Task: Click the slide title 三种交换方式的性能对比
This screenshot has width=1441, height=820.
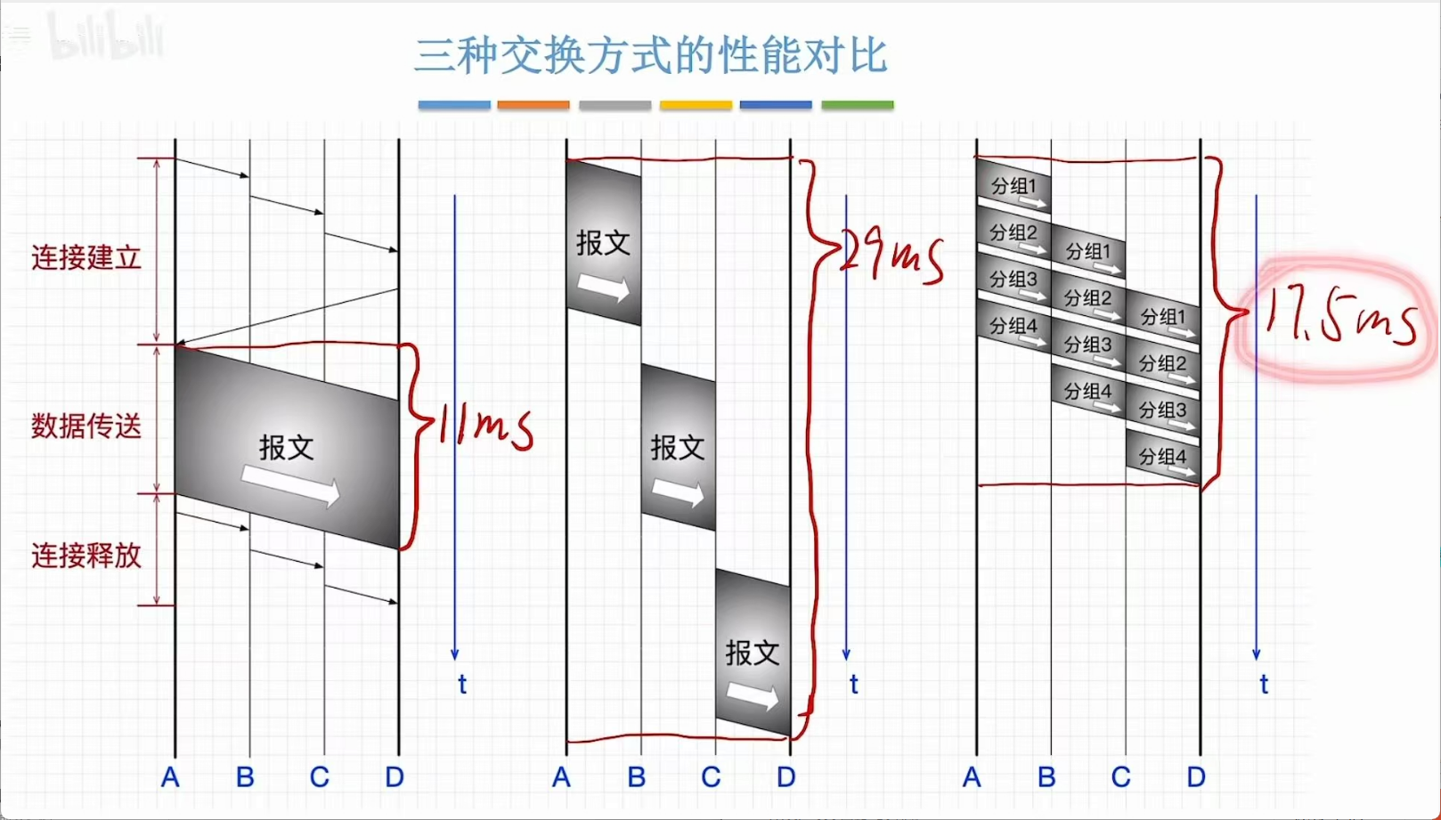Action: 650,55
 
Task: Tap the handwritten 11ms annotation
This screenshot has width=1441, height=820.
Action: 485,426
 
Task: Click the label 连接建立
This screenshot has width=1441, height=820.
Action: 86,258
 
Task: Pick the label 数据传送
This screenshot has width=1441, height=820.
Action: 86,426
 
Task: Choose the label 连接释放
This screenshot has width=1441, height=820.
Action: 86,556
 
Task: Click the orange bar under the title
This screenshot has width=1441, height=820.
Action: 533,105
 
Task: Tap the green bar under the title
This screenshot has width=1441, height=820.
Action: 857,105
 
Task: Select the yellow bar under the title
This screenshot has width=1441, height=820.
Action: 696,105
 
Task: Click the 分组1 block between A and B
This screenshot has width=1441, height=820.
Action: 1014,188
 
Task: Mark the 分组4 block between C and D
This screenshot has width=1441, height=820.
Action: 1162,458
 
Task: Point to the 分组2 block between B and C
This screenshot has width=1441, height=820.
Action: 1087,299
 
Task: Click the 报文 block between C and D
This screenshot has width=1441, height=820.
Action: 753,654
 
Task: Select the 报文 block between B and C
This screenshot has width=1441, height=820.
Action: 678,448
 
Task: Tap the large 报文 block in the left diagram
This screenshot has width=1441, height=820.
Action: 287,448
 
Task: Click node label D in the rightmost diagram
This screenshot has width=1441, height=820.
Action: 1196,777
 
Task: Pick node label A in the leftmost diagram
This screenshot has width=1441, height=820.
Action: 170,777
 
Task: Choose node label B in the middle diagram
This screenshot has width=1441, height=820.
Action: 636,777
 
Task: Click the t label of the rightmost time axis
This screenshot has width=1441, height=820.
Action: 1263,684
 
